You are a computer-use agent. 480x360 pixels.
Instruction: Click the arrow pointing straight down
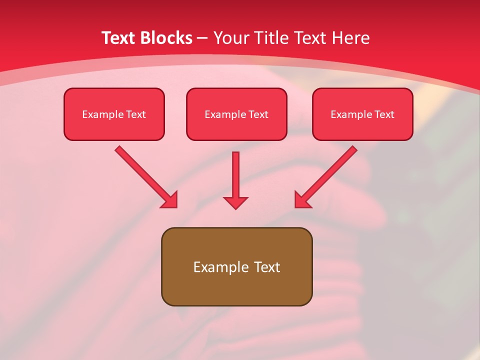pos(236,175)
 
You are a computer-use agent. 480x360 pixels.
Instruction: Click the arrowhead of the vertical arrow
pos(236,202)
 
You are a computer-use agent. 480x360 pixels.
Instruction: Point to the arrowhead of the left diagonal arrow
pos(170,200)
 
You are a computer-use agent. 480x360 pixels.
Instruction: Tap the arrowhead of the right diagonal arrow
pos(301,200)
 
